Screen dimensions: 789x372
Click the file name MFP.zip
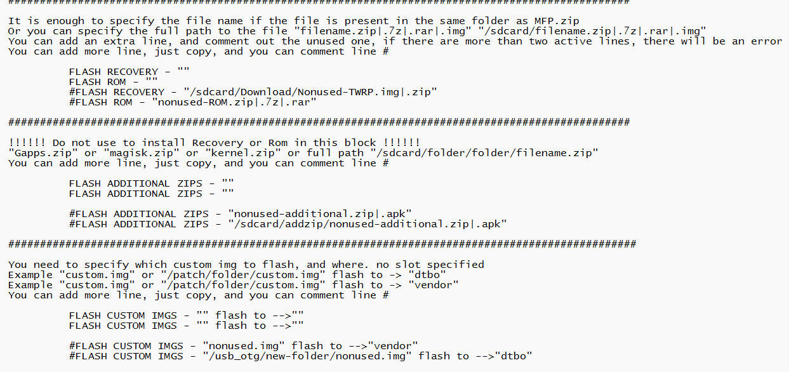(x=557, y=21)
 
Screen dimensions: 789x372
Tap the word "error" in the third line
(x=766, y=41)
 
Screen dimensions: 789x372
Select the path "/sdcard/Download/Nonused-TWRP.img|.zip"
(x=310, y=92)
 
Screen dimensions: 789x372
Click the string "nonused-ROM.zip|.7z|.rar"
(x=234, y=102)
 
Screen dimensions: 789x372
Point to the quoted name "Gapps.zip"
(x=43, y=153)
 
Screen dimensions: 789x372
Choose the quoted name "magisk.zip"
(x=139, y=153)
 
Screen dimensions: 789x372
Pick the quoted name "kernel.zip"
(x=243, y=153)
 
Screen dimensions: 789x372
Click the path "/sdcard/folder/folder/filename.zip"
(x=484, y=153)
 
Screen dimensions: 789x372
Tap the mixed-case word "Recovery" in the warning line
(x=217, y=143)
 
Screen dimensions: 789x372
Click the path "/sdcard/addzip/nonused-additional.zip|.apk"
(x=368, y=224)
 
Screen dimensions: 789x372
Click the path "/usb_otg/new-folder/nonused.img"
(x=307, y=357)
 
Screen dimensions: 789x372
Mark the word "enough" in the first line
(x=65, y=21)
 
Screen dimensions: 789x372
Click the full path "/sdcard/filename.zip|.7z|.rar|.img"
(x=592, y=31)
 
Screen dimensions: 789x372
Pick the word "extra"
(x=119, y=41)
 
